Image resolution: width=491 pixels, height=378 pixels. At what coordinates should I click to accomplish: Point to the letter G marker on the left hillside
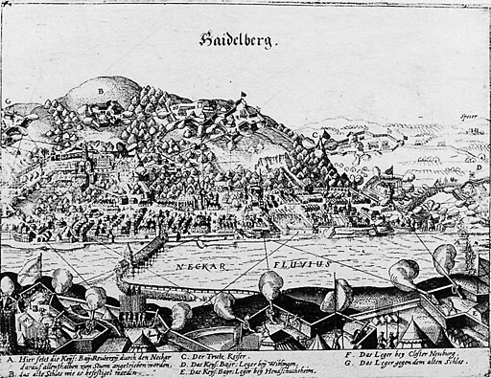pos(8,100)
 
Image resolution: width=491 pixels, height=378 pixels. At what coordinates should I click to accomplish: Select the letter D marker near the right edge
pos(478,166)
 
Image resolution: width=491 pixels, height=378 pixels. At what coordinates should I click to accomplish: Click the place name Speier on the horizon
pos(469,121)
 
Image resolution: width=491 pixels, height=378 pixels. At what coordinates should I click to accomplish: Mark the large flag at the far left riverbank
pos(35,262)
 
